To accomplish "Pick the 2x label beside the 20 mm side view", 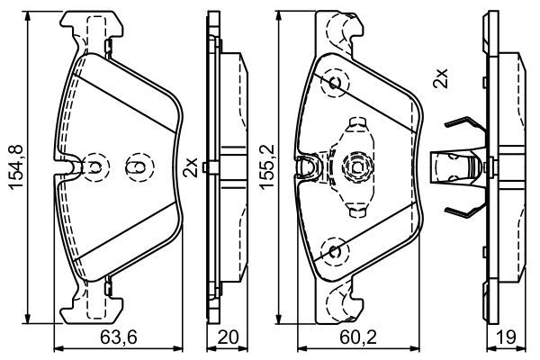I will coord(190,166).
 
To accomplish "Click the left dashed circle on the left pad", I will coord(95,166).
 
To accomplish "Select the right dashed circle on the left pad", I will coord(138,166).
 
